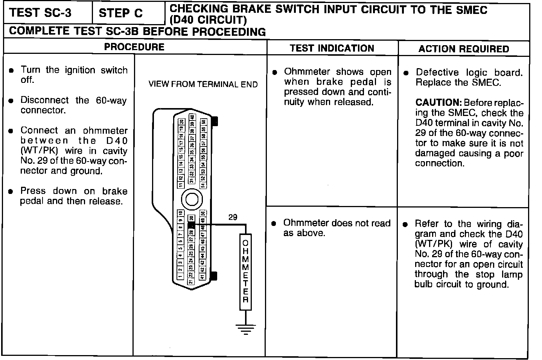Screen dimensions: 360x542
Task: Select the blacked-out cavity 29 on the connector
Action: tap(191, 225)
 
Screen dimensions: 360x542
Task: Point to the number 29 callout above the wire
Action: tap(233, 217)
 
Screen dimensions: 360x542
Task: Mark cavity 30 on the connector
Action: tap(191, 218)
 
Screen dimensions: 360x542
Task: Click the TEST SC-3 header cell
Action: tap(40, 13)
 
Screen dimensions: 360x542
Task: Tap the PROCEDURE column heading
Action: tap(134, 47)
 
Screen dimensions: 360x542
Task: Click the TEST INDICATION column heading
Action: tap(332, 48)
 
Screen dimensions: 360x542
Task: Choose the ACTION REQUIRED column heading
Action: tap(464, 49)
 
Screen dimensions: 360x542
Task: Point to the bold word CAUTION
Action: tap(438, 103)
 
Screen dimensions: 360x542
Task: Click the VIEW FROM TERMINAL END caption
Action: tap(203, 84)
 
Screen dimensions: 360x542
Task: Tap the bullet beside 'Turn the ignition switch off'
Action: tap(12, 71)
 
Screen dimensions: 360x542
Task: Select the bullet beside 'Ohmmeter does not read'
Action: tap(274, 224)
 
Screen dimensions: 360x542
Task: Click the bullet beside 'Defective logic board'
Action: tap(406, 73)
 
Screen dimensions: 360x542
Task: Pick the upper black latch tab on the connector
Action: tap(215, 121)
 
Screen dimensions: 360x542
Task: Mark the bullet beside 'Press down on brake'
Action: tap(12, 192)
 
